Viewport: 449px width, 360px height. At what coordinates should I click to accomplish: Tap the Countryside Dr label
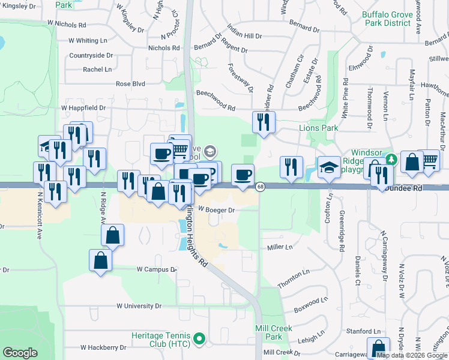tap(91, 55)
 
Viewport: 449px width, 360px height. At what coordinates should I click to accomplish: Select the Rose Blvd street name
tap(131, 84)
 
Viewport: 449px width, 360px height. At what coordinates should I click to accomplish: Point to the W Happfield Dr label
tap(83, 108)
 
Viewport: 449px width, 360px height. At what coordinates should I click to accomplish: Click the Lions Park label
tap(319, 128)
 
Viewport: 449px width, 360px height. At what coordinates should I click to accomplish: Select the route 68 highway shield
tap(260, 187)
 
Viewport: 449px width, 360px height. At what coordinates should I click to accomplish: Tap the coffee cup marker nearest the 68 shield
tap(243, 175)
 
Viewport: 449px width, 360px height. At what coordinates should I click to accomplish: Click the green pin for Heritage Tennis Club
tap(200, 338)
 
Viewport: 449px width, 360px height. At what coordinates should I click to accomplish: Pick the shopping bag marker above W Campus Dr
tap(100, 261)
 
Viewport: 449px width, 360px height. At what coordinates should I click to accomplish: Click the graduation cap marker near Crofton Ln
tap(329, 167)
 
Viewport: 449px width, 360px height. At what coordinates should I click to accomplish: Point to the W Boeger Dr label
tap(216, 210)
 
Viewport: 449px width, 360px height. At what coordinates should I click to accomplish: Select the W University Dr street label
tap(139, 306)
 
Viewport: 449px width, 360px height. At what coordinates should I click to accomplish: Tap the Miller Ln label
tap(280, 247)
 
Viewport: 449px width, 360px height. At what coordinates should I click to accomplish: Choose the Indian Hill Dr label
tap(245, 32)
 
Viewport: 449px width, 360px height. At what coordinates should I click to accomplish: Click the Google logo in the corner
tap(20, 353)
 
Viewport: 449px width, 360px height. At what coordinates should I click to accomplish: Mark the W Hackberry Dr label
tap(103, 347)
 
